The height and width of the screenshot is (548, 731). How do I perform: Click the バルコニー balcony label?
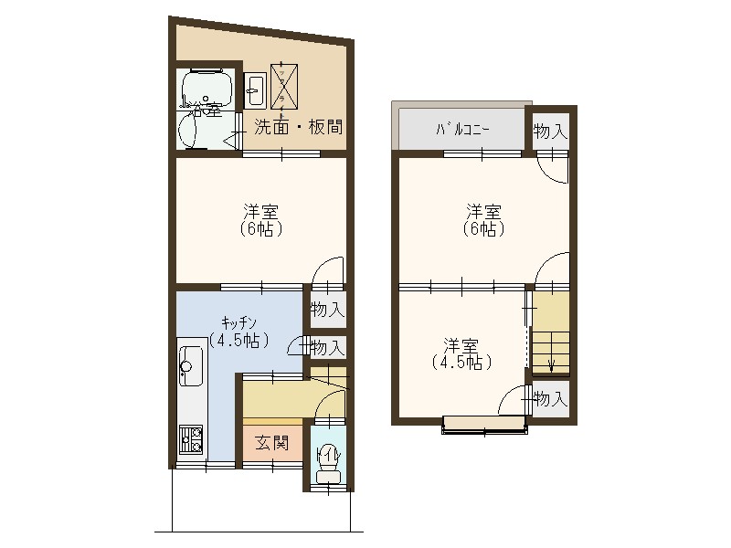coord(461,130)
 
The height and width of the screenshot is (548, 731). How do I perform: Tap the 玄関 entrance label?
coord(271,444)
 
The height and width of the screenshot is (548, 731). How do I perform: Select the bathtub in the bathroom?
coord(207,90)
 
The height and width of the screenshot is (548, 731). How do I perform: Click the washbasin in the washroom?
coord(255,90)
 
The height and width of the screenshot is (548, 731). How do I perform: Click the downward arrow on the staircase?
coord(551,364)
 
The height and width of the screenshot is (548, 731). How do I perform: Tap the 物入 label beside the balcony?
coord(550,132)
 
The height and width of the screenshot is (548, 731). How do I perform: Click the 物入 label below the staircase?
coord(550,399)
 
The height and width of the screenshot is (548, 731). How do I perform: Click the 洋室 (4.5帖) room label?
coord(462,353)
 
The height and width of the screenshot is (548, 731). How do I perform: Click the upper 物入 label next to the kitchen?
coord(326,311)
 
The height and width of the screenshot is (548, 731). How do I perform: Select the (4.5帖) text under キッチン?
coord(240,341)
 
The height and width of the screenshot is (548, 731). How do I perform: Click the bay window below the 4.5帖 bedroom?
coord(484,425)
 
